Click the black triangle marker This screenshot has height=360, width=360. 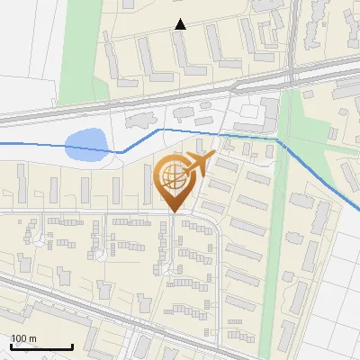click(x=181, y=24)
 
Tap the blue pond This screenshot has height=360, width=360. click(x=85, y=143)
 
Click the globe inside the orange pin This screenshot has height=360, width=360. click(x=172, y=178)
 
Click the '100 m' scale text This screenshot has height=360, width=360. click(x=23, y=338)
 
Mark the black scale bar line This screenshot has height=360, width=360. click(x=41, y=347)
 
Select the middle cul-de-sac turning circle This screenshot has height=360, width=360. click(x=100, y=255)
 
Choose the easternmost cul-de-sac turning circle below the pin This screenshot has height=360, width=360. click(x=161, y=268)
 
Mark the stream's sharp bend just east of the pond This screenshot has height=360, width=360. click(x=122, y=152)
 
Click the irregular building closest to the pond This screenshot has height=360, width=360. click(x=139, y=120)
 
